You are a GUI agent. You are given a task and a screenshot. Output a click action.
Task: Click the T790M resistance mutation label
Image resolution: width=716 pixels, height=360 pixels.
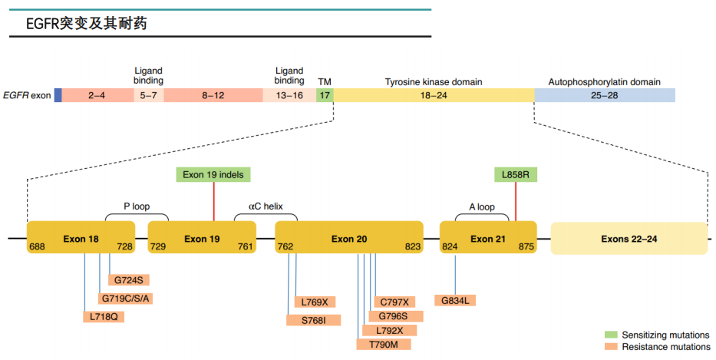click(x=384, y=345)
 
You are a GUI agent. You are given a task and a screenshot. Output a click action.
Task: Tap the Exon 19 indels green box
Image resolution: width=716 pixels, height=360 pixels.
click(x=213, y=175)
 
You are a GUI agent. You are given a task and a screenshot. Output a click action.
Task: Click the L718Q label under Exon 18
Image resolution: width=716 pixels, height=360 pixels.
click(x=103, y=316)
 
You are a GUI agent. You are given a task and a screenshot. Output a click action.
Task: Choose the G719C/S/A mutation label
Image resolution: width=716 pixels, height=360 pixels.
click(x=125, y=298)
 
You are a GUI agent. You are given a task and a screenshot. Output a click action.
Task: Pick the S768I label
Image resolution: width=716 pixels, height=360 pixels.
click(x=313, y=319)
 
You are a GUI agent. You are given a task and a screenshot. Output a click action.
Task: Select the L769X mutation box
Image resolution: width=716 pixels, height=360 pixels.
click(x=315, y=302)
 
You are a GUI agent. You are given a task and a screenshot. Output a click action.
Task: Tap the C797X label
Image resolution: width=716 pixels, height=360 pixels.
click(x=394, y=302)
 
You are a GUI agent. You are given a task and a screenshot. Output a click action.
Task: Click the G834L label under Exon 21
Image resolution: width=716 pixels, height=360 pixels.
click(x=456, y=299)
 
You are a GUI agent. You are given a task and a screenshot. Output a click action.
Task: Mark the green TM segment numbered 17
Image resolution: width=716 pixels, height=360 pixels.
click(x=325, y=95)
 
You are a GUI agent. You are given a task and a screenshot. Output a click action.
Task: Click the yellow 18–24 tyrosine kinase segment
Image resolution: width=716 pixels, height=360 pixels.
click(x=434, y=95)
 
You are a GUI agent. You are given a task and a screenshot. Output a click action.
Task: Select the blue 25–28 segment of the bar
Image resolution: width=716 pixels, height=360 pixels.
click(x=604, y=95)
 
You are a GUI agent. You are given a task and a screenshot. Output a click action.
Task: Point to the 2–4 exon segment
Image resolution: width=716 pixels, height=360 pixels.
click(x=97, y=95)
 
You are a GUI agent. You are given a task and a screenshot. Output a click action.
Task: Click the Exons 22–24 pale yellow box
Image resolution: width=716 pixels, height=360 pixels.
click(x=629, y=239)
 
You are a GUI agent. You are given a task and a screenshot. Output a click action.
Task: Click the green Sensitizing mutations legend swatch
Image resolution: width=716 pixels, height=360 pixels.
click(x=611, y=335)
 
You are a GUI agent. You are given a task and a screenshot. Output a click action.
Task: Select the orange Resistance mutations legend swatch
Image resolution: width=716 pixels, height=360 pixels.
click(x=611, y=347)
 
